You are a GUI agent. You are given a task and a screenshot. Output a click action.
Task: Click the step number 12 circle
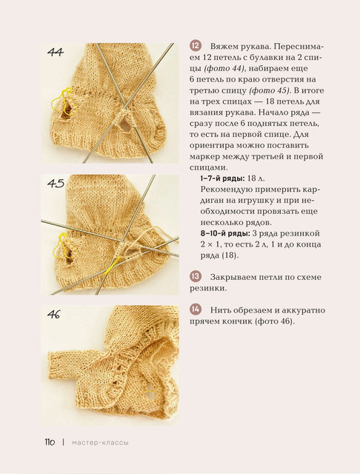click(196, 46)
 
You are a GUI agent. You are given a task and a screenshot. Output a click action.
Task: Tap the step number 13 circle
click(196, 276)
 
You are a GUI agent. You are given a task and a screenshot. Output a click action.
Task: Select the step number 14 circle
click(196, 310)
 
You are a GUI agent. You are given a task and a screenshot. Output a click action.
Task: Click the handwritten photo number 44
click(56, 53)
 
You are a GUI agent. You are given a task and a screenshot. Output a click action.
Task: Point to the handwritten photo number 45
click(56, 184)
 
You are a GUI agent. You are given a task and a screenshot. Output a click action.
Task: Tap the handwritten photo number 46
click(54, 314)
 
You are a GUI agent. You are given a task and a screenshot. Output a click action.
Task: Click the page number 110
click(50, 442)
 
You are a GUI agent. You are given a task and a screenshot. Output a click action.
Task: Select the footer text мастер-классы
click(100, 443)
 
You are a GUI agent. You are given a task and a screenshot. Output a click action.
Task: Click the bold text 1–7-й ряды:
click(222, 178)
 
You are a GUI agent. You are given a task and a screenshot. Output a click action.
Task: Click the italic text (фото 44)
click(224, 69)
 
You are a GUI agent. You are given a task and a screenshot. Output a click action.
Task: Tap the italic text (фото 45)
click(270, 90)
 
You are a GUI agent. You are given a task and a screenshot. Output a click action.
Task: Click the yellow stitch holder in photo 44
click(61, 101)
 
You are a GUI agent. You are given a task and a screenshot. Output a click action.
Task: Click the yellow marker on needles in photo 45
click(112, 264)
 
